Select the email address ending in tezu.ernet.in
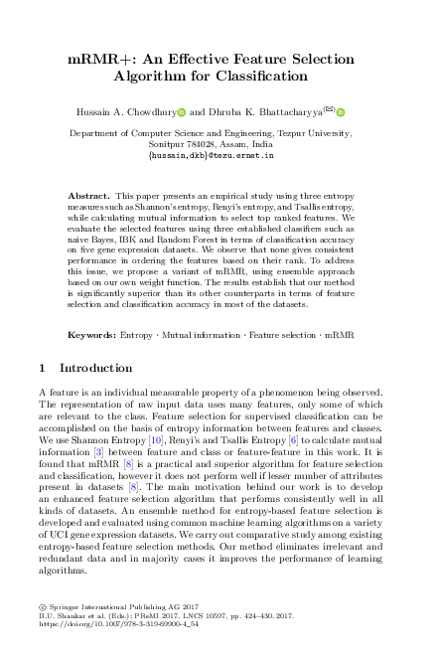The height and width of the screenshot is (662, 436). (x=218, y=156)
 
